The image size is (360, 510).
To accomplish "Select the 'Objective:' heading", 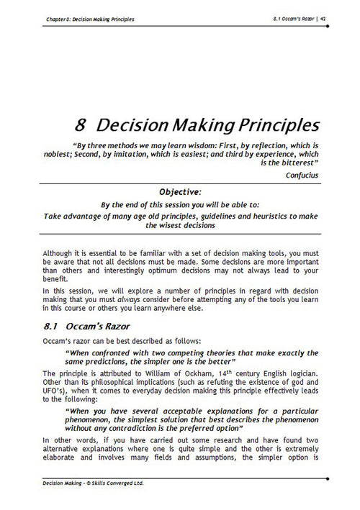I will pyautogui.click(x=179, y=191).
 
